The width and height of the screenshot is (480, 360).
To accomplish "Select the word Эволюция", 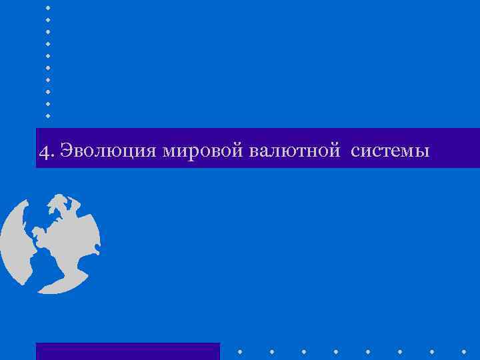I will (107, 151).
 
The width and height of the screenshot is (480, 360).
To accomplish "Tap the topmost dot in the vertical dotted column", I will (48, 7).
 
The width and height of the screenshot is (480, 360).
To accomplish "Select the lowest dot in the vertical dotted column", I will (48, 115).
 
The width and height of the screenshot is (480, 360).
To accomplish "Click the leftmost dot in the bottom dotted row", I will (240, 350).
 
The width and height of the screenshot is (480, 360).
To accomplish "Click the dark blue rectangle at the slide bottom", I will (127, 351).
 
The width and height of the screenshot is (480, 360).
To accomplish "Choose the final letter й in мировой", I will (241, 151).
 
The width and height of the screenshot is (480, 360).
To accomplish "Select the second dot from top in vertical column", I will (48, 19).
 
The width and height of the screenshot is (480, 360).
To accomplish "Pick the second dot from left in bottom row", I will (272, 350).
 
